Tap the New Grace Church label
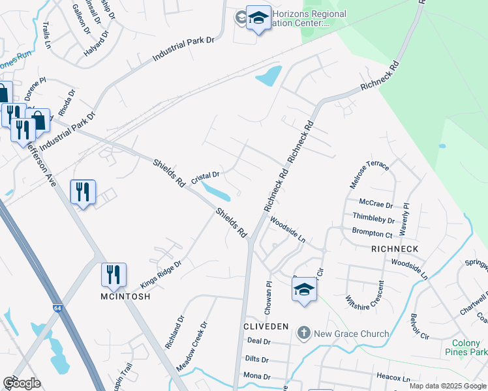(x=352, y=334)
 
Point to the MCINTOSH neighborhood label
(x=125, y=297)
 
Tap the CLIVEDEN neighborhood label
(x=266, y=326)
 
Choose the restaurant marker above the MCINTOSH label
(x=114, y=274)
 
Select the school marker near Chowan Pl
(x=304, y=288)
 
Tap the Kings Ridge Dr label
(x=160, y=275)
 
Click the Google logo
(x=22, y=383)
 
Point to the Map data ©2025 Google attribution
(x=448, y=386)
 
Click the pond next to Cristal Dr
(x=216, y=192)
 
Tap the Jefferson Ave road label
(x=42, y=166)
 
